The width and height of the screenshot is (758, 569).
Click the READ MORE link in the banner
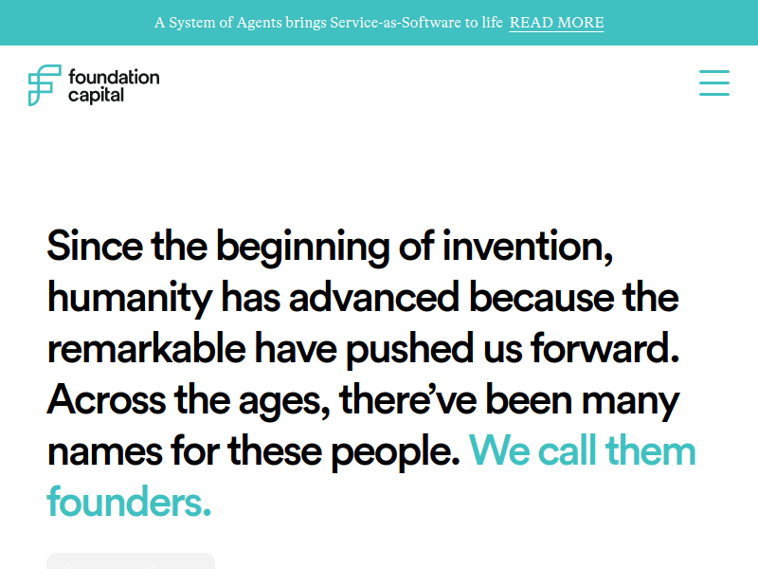coord(556,23)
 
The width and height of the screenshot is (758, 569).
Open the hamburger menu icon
coord(714,83)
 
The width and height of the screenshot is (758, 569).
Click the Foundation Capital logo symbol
coord(45,85)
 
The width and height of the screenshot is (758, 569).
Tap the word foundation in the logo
coord(114,77)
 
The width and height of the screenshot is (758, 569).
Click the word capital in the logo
coord(96,95)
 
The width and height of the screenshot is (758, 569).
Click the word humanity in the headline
coord(130,298)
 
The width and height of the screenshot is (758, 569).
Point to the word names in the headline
coord(105,451)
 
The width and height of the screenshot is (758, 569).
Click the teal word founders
coord(129,503)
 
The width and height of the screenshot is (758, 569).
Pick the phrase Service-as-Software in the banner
coord(395,23)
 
